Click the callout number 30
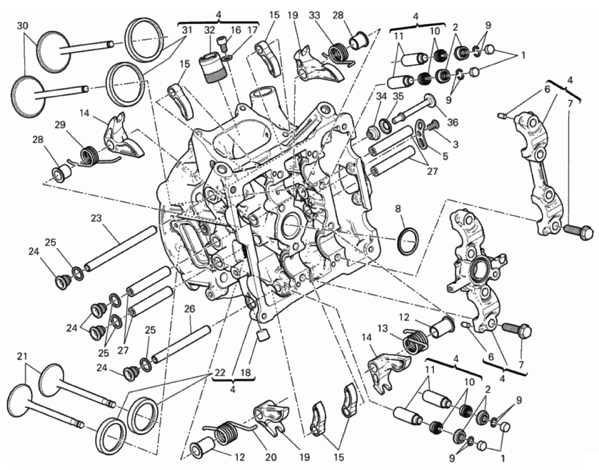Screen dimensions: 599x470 (23, 26)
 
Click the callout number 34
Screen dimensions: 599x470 (381, 96)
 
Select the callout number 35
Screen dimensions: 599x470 (398, 96)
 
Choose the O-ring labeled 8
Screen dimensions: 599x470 (408, 241)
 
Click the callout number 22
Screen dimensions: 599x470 (217, 373)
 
